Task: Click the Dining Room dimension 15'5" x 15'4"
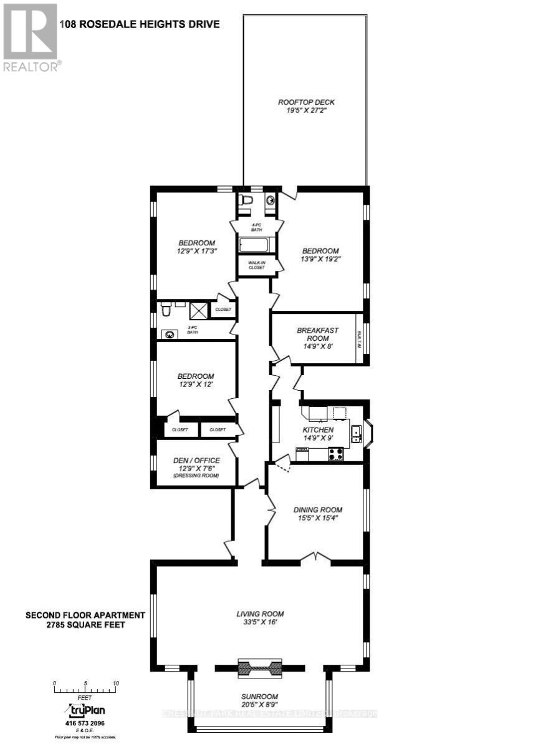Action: point(318,517)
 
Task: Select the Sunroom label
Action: point(259,697)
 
